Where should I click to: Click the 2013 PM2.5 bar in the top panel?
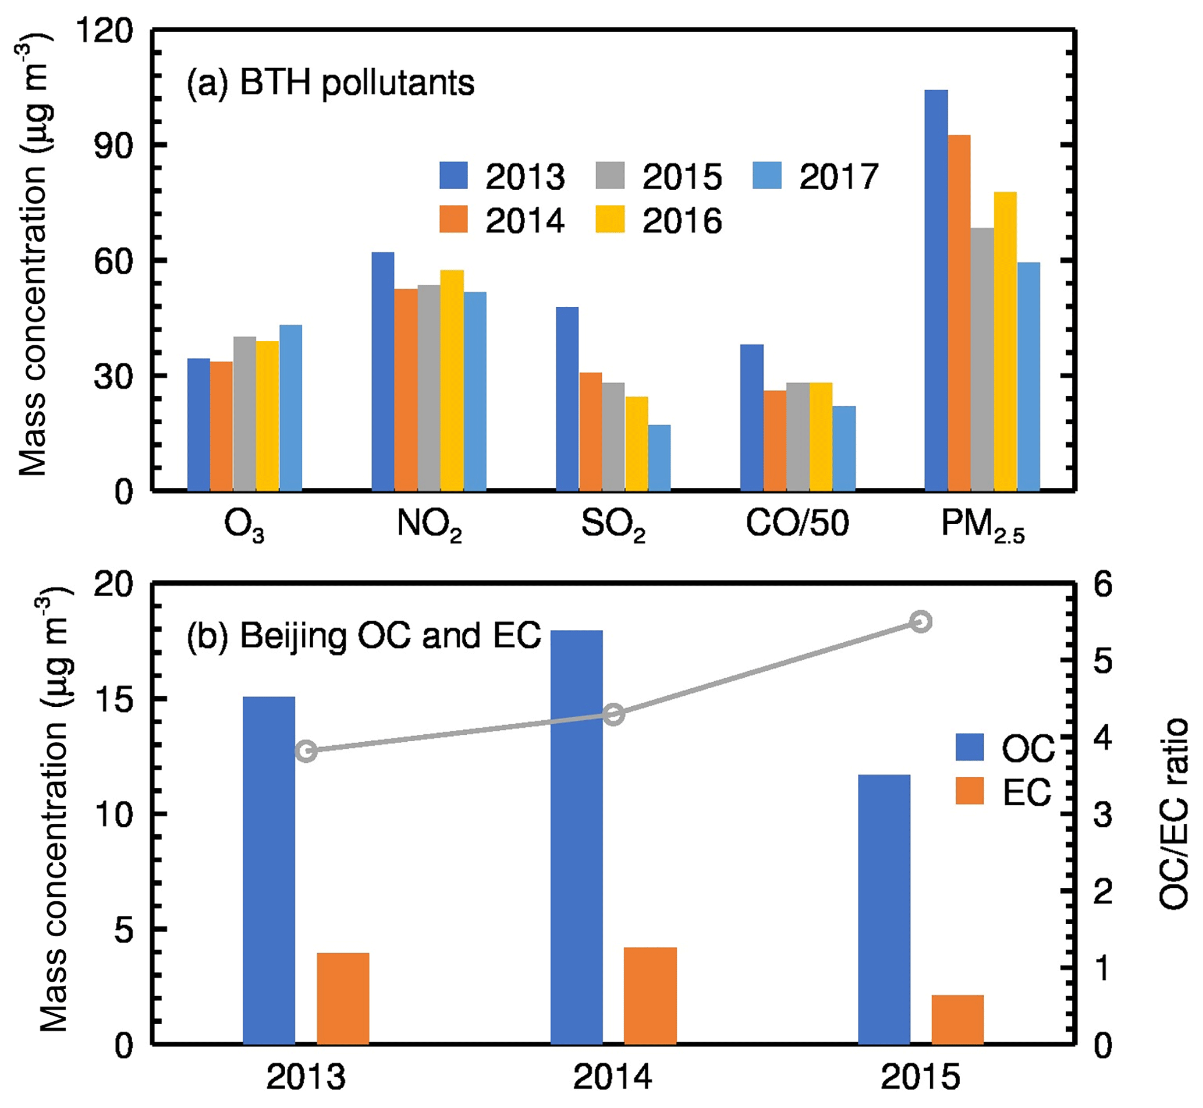(x=936, y=290)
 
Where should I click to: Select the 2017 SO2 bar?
(x=659, y=458)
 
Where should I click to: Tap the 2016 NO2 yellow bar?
(x=452, y=381)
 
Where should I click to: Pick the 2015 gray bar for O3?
(x=244, y=414)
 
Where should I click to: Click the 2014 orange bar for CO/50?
(x=775, y=441)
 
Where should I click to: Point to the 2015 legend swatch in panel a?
(x=609, y=176)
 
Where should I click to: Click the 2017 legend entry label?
(x=838, y=177)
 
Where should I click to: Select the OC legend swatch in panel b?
(x=969, y=747)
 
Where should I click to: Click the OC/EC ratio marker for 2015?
(x=921, y=622)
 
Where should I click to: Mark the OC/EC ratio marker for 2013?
(x=306, y=751)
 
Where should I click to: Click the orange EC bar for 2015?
(x=957, y=1019)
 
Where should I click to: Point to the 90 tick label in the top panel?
(x=113, y=146)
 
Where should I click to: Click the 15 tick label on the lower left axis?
(x=113, y=700)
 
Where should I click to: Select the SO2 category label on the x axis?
(x=613, y=525)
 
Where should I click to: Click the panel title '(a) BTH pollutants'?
(x=330, y=83)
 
